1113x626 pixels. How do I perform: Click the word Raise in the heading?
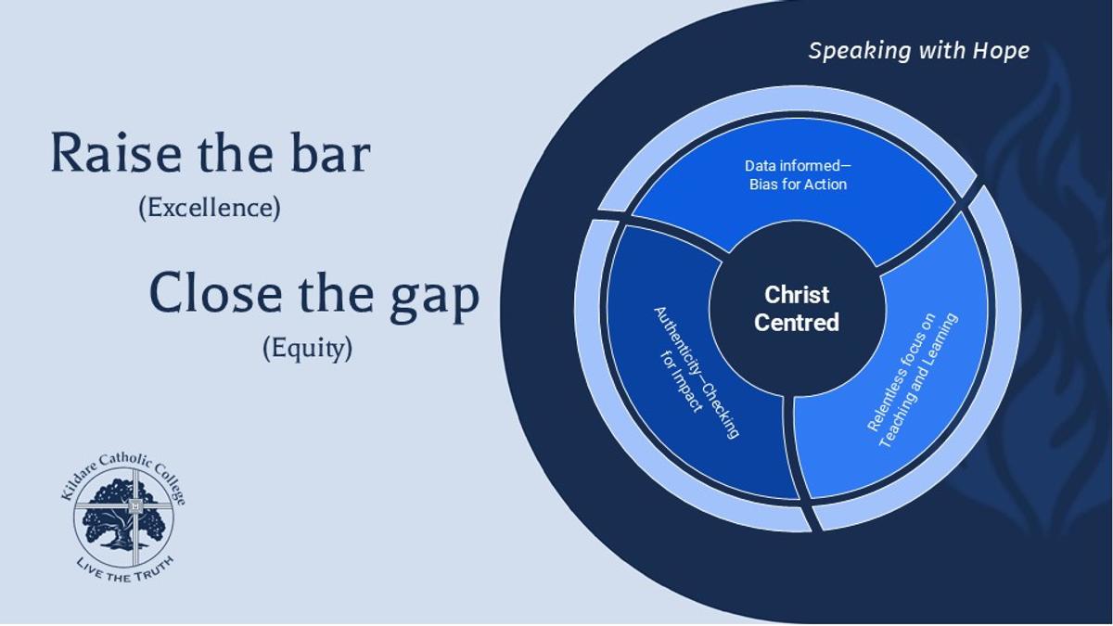click(102, 154)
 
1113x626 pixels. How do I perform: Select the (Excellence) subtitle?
click(209, 208)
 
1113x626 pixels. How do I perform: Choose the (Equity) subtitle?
click(307, 349)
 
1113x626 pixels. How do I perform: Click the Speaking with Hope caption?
click(918, 50)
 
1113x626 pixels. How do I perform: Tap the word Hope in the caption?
click(1001, 50)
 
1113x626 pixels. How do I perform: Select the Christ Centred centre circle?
click(796, 309)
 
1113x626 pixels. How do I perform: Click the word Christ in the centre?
click(797, 295)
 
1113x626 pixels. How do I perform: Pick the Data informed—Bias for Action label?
click(798, 174)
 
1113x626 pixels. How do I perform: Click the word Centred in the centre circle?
click(797, 323)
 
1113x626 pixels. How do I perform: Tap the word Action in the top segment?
click(827, 184)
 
